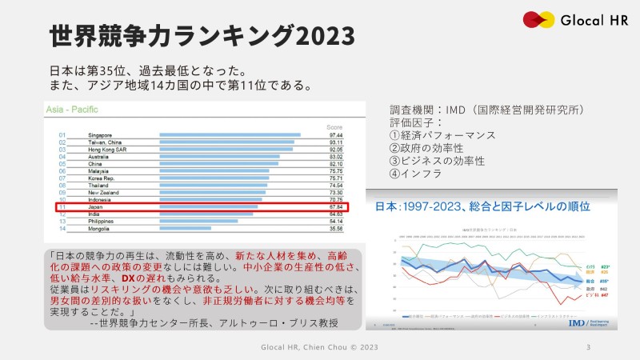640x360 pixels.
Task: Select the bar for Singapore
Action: [230, 135]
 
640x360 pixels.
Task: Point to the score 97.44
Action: [336, 135]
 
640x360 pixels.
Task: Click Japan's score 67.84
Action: [336, 206]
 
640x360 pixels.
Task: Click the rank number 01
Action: [62, 135]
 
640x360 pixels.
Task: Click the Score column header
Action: [334, 127]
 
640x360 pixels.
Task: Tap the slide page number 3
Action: [589, 348]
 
